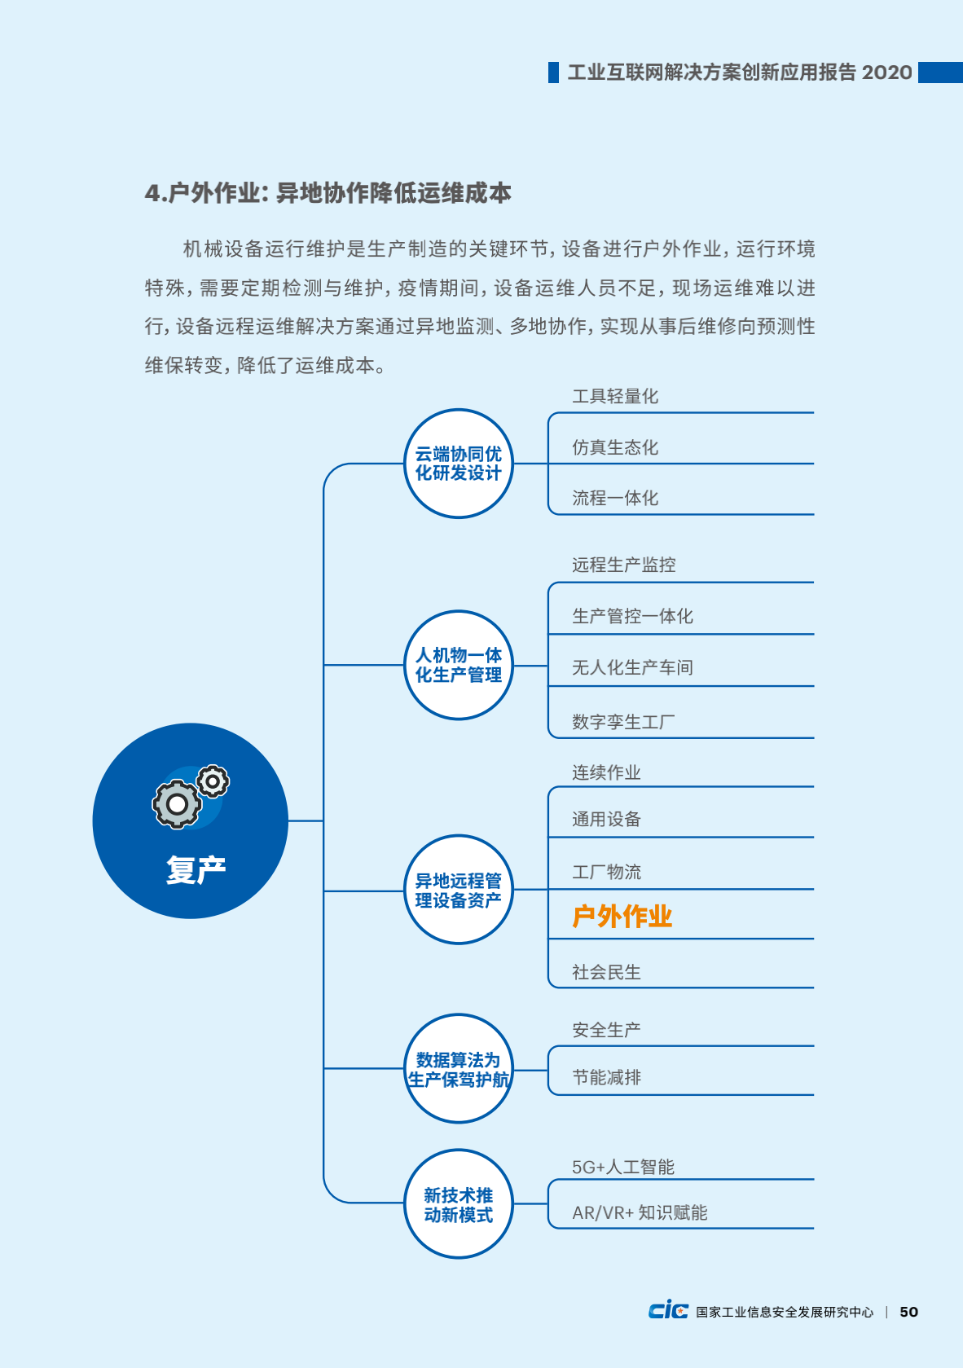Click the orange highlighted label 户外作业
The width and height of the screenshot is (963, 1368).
pyautogui.click(x=622, y=916)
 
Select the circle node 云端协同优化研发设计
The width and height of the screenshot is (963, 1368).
pyautogui.click(x=459, y=464)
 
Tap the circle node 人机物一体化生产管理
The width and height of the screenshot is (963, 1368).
pyautogui.click(x=459, y=665)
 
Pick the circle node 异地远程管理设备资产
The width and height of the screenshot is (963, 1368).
pyautogui.click(x=459, y=890)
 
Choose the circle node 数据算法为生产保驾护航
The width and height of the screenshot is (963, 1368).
pyautogui.click(x=459, y=1069)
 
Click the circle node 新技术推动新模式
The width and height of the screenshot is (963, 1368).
pyautogui.click(x=459, y=1204)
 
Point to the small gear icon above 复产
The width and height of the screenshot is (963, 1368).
pyautogui.click(x=213, y=781)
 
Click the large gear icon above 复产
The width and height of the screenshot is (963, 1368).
pyautogui.click(x=177, y=804)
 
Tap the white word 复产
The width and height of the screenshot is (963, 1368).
pyautogui.click(x=196, y=869)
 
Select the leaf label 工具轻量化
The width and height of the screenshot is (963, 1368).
pyautogui.click(x=615, y=396)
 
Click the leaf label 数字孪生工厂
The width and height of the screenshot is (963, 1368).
pyautogui.click(x=623, y=722)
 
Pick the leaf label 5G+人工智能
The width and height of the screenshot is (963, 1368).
pyautogui.click(x=623, y=1167)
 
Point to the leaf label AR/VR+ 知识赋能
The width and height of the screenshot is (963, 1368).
pyautogui.click(x=640, y=1212)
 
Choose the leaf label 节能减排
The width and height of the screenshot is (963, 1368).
pyautogui.click(x=606, y=1077)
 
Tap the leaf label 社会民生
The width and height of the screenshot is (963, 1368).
pyautogui.click(x=606, y=972)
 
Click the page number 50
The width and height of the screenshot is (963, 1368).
pyautogui.click(x=908, y=1312)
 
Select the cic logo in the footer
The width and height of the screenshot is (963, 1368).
pyautogui.click(x=669, y=1310)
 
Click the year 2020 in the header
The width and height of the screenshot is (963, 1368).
pyautogui.click(x=886, y=73)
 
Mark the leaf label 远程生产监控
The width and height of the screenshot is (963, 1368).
pyautogui.click(x=623, y=565)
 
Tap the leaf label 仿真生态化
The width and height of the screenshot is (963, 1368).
pyautogui.click(x=615, y=447)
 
